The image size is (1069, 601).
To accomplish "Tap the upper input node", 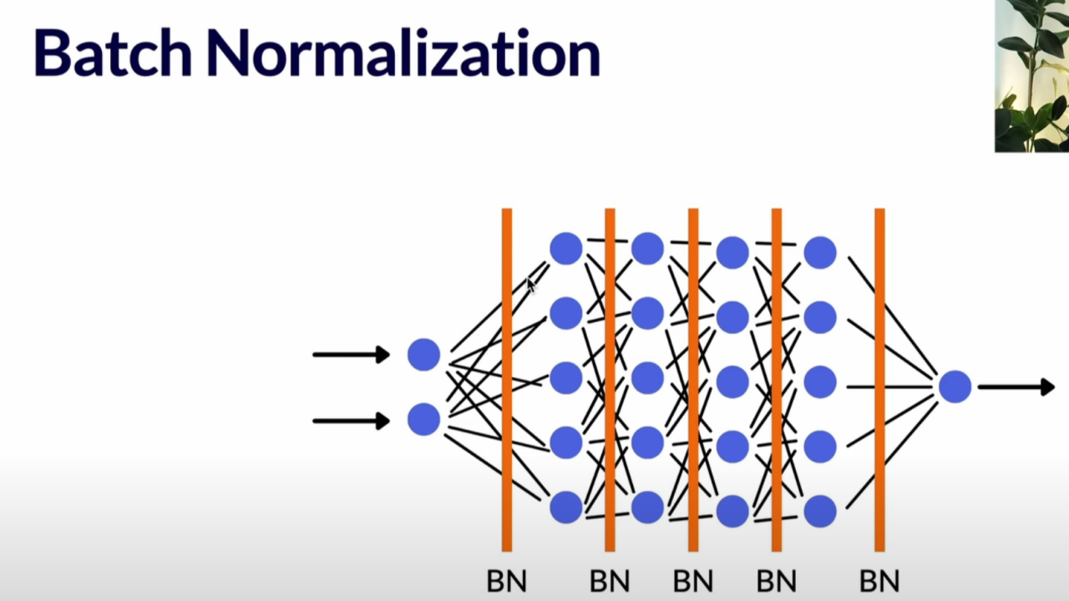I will tap(423, 355).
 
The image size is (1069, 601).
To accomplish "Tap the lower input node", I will tap(423, 419).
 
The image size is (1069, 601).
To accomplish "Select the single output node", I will tap(955, 386).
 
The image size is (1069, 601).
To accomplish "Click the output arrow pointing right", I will tap(1016, 386).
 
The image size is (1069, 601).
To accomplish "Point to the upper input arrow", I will tap(351, 355).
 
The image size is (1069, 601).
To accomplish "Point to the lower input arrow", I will tap(351, 421).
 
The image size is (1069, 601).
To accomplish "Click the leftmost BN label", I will tap(506, 580).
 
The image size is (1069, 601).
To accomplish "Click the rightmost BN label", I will tap(879, 580).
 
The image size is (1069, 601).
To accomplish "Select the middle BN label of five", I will tap(693, 580).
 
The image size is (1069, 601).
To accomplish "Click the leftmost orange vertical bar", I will tap(506, 380).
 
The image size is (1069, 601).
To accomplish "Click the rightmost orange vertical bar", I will tap(879, 380).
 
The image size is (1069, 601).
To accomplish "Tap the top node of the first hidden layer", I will tap(565, 249).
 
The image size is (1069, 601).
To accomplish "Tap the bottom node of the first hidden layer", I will tap(565, 507).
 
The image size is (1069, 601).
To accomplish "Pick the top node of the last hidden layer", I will tap(819, 253).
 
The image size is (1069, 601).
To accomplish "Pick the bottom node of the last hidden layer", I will tap(819, 511).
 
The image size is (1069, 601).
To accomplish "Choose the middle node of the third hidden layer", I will tap(732, 381).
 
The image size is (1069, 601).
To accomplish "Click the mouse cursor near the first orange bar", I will tap(531, 285).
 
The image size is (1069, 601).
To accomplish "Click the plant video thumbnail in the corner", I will tap(1031, 75).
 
